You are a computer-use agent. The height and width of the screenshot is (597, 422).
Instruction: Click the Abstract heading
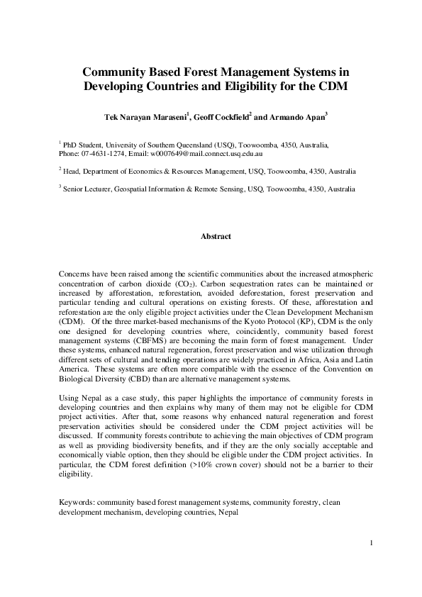(x=216, y=236)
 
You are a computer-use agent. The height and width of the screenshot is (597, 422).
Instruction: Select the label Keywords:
(x=77, y=502)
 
